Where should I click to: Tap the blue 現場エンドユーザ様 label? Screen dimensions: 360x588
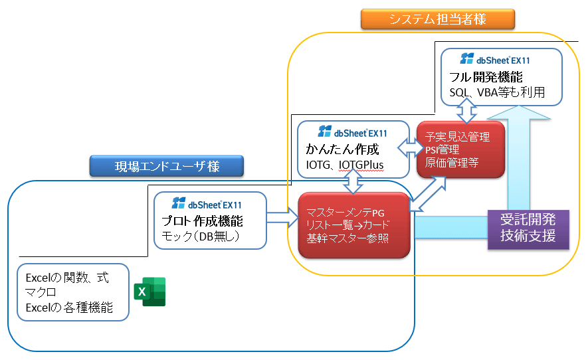tap(166, 166)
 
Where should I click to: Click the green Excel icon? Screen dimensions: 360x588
tap(149, 292)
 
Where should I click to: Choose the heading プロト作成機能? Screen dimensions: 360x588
tap(202, 222)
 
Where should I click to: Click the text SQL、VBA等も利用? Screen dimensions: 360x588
tap(497, 93)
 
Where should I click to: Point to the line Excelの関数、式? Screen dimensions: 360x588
tap(66, 278)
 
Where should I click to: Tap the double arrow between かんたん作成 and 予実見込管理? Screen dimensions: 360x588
tap(407, 144)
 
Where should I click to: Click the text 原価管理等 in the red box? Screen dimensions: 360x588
tap(452, 163)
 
